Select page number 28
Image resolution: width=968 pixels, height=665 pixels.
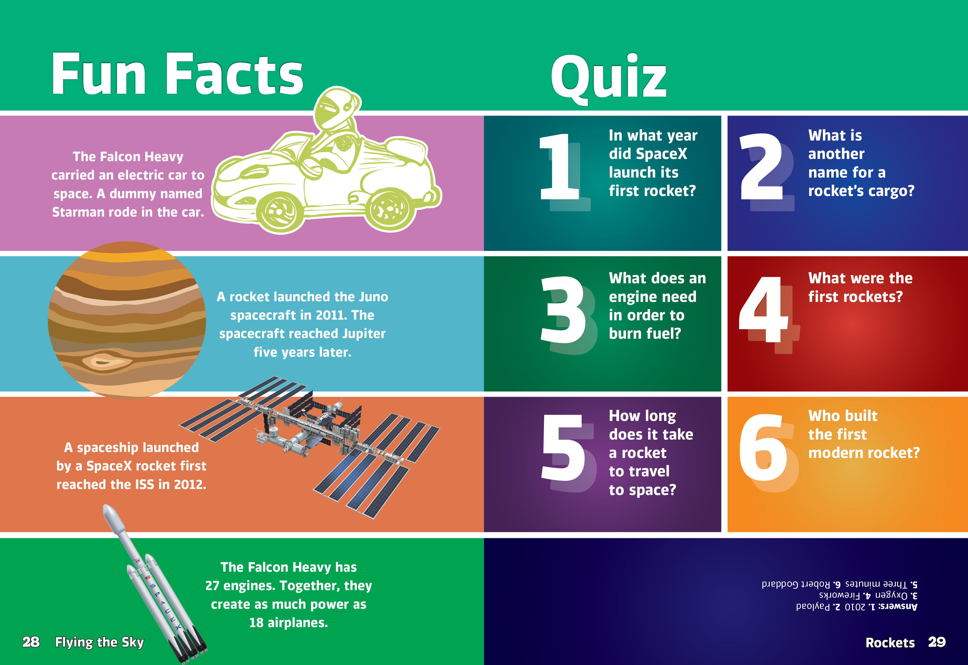(x=31, y=642)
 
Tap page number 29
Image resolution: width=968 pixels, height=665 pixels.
(x=937, y=642)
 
